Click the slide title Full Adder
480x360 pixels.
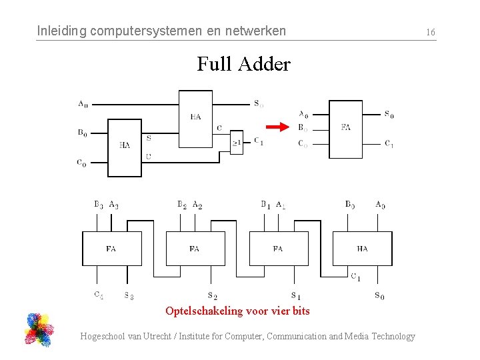pos(243,65)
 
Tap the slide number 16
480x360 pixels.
pos(431,32)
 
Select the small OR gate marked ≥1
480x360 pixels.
pos(237,142)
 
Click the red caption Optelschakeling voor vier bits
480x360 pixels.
pos(237,311)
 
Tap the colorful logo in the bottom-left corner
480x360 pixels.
pos(39,329)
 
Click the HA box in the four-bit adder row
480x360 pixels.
pos(361,248)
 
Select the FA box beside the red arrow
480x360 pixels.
pos(345,129)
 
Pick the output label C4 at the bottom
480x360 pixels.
pos(99,295)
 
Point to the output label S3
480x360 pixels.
pos(129,295)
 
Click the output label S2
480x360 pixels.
pos(212,295)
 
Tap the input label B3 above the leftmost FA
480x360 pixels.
pos(99,204)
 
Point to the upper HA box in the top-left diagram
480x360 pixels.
pos(195,118)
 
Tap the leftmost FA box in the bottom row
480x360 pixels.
pos(111,248)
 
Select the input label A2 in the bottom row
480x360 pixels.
pos(197,205)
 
